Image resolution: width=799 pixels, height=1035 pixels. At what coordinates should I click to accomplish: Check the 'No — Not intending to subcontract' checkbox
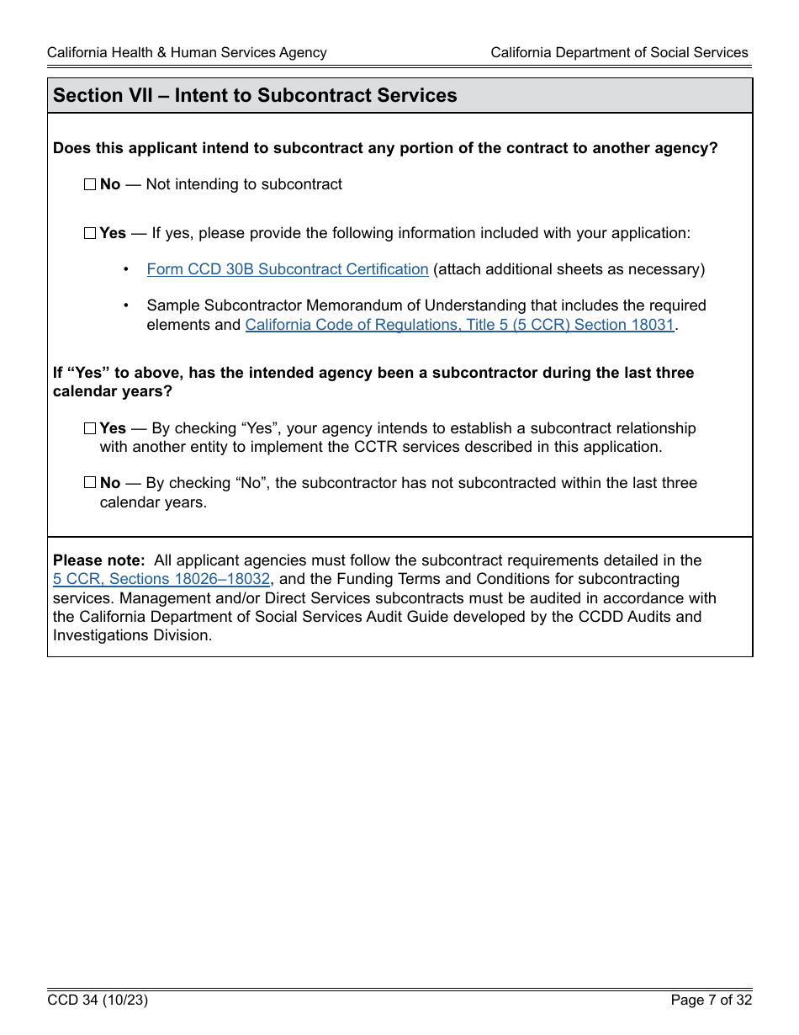click(x=90, y=185)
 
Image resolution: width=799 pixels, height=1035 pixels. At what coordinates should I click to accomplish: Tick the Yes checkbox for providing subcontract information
click(x=90, y=234)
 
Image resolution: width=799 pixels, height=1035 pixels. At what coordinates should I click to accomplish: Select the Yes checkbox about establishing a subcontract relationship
click(x=90, y=428)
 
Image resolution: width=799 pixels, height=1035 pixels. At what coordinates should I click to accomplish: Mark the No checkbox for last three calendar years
click(x=90, y=483)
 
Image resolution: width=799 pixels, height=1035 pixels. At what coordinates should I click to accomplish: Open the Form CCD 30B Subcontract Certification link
click(x=288, y=269)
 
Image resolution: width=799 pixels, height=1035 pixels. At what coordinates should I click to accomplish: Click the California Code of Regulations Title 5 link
click(x=459, y=325)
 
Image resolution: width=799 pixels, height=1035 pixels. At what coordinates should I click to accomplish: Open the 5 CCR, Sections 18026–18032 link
click(x=161, y=579)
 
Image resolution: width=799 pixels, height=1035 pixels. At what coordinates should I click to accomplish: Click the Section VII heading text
click(x=255, y=96)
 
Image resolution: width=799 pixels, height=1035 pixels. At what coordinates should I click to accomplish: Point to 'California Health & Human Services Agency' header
click(x=187, y=52)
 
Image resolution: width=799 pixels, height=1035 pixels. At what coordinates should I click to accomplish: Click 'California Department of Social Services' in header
click(x=619, y=52)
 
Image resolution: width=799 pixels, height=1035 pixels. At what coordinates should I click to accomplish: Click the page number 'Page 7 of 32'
click(x=711, y=1000)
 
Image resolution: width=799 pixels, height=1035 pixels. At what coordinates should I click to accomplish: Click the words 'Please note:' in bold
click(x=99, y=560)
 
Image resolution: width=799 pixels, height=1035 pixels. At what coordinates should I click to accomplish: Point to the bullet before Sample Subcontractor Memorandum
click(x=126, y=305)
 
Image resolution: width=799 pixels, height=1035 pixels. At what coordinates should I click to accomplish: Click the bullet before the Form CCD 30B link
click(x=126, y=269)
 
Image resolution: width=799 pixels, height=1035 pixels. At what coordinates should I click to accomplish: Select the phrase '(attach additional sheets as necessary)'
click(x=569, y=269)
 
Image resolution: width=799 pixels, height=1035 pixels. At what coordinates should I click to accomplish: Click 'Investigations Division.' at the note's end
click(x=133, y=635)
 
